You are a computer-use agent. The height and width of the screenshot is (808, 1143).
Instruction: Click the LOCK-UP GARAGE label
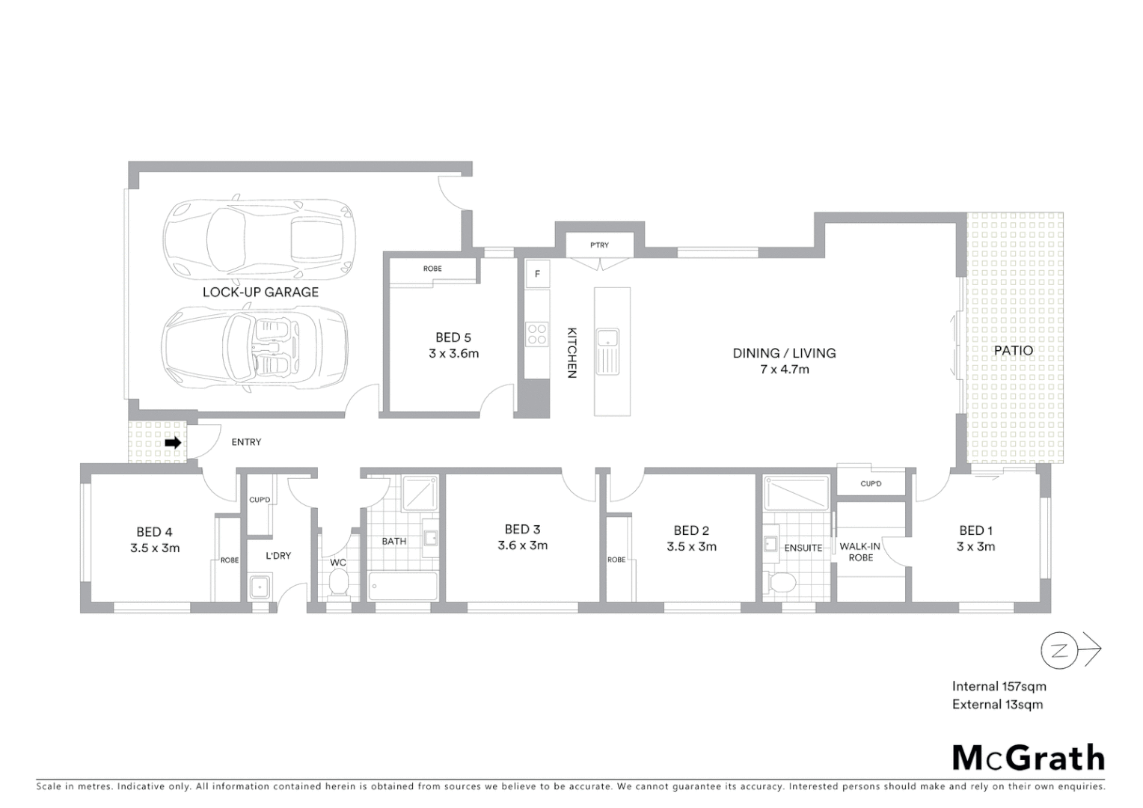(260, 292)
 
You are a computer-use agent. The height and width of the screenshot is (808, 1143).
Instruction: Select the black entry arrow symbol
(173, 443)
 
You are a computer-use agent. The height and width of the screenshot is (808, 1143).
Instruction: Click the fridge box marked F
(537, 274)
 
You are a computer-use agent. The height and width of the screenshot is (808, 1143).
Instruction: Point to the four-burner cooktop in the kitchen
(536, 333)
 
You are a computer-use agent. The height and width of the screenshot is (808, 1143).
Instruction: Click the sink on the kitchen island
(607, 352)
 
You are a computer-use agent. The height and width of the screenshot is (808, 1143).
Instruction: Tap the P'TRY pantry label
(599, 245)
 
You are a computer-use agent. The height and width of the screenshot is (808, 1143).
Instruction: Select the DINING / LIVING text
(784, 353)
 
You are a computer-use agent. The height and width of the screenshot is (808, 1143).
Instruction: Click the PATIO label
(1014, 350)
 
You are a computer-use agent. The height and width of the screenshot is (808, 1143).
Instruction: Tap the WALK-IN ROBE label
(860, 551)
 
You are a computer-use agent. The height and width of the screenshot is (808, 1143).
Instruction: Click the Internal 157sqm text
(999, 686)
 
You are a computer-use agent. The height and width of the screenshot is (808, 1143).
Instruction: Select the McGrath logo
(1028, 758)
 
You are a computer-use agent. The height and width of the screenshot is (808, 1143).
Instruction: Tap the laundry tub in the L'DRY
(260, 587)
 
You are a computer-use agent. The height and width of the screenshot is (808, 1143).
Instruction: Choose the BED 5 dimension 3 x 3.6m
(453, 353)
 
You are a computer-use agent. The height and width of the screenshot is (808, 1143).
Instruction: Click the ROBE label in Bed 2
(616, 560)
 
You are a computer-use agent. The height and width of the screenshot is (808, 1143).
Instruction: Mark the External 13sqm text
(997, 704)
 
